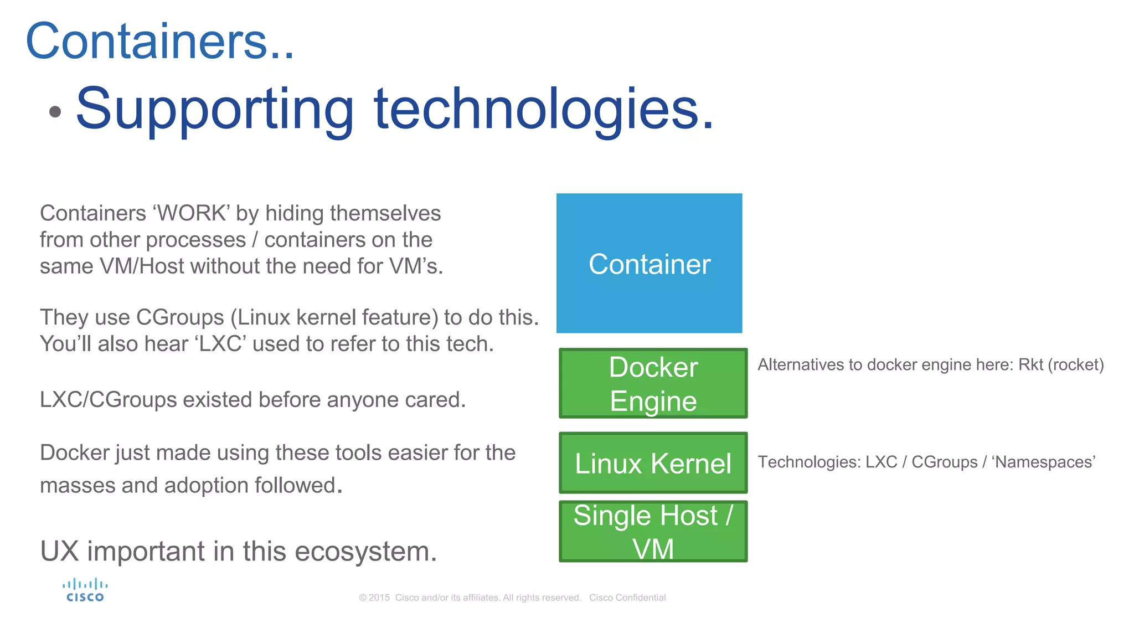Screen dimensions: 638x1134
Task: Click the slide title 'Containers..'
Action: pos(159,41)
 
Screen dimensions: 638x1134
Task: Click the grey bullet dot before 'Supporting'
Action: pos(55,112)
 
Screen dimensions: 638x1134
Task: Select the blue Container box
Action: pos(649,263)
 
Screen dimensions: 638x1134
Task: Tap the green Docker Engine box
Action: pos(653,383)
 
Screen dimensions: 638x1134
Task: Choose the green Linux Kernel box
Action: pos(653,463)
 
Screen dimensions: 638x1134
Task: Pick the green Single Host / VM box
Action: pos(653,532)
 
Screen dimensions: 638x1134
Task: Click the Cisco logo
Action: pos(85,590)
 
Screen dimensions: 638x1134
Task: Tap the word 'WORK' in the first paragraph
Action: pos(193,214)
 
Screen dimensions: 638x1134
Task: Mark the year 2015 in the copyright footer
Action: pos(379,598)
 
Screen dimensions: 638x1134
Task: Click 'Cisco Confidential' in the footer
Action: pos(627,598)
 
